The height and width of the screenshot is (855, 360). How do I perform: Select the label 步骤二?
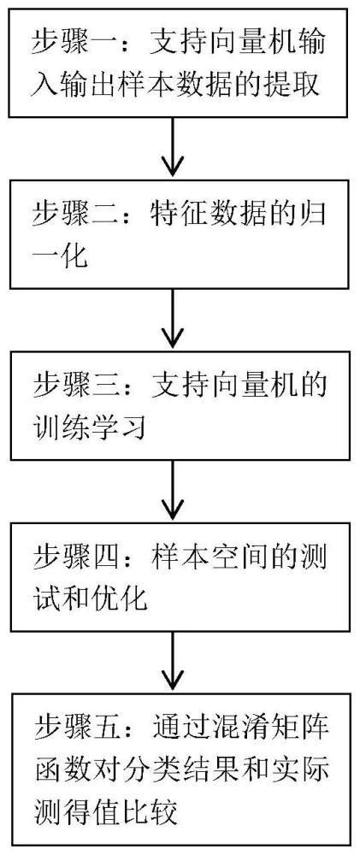click(74, 211)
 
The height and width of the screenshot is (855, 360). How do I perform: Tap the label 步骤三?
click(74, 385)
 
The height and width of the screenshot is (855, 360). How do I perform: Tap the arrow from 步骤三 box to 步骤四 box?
click(174, 492)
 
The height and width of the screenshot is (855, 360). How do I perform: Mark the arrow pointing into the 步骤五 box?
click(174, 664)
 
